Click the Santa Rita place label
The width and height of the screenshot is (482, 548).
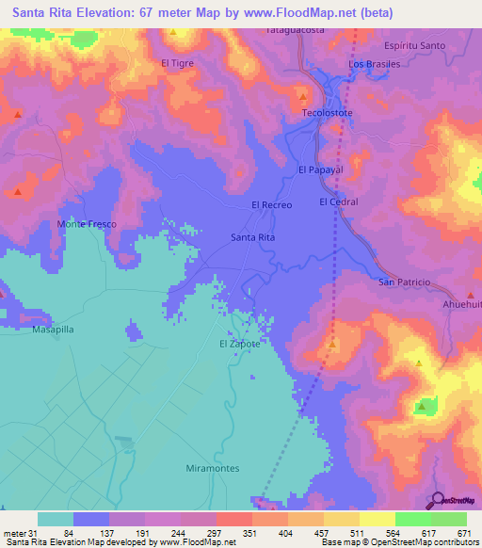[x=253, y=238]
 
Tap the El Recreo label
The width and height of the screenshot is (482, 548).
[x=272, y=204]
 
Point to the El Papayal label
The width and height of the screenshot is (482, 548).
[x=317, y=170]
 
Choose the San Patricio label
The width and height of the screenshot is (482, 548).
[x=404, y=282]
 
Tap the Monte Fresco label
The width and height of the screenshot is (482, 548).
[x=86, y=224]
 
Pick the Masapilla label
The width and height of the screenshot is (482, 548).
[x=53, y=331]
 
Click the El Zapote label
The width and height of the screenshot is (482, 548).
[x=239, y=344]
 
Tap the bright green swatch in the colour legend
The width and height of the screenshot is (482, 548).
[x=412, y=519]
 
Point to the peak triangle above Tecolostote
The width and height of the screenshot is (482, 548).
[x=303, y=97]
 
